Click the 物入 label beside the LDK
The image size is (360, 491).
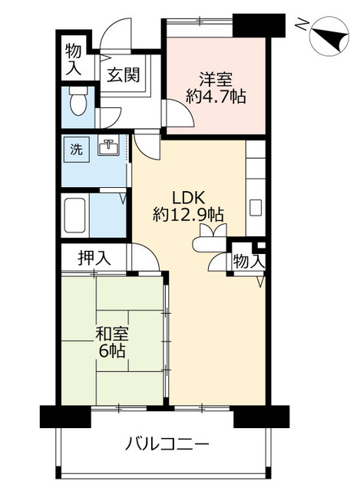249,261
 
